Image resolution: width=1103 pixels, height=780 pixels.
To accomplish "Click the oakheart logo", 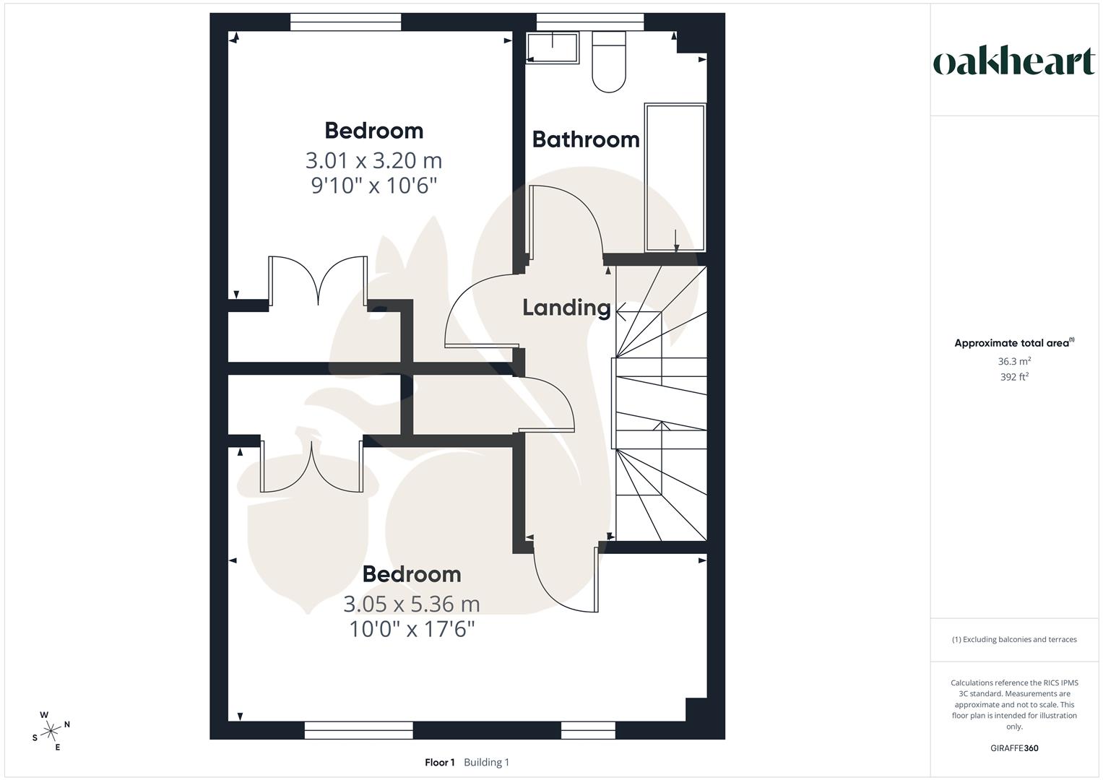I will coord(1013,62).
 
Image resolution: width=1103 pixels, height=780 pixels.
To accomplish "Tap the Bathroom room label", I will coord(586,139).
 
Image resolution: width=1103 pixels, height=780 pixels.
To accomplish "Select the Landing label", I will coord(567,308).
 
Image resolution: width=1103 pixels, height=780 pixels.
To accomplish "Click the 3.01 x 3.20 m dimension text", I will coord(373,160).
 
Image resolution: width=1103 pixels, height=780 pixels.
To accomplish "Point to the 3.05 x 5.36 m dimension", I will coord(411,603).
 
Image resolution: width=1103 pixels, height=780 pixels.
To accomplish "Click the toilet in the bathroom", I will coord(609,63).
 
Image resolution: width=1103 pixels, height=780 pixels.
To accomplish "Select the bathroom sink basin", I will coord(553,48).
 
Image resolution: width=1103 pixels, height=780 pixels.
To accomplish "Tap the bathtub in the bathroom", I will coord(675,178).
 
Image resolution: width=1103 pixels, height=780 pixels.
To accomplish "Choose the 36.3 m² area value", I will coord(1014,361).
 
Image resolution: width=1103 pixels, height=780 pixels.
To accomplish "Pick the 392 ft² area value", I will coord(1014,377).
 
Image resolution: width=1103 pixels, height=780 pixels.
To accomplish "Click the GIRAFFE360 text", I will coord(1014,748).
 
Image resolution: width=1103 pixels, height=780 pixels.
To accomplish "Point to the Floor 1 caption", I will coord(439,763).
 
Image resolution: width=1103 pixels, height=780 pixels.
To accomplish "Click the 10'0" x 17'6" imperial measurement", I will coord(412,630).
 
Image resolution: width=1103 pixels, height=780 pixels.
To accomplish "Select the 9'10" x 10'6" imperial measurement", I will coord(374,186).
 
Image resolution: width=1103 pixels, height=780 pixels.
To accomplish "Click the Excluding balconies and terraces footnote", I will coord(1014,639).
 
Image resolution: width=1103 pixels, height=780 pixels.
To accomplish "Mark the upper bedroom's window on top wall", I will coord(345,22).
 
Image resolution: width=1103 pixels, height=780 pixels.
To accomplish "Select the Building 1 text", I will coord(486,763).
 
